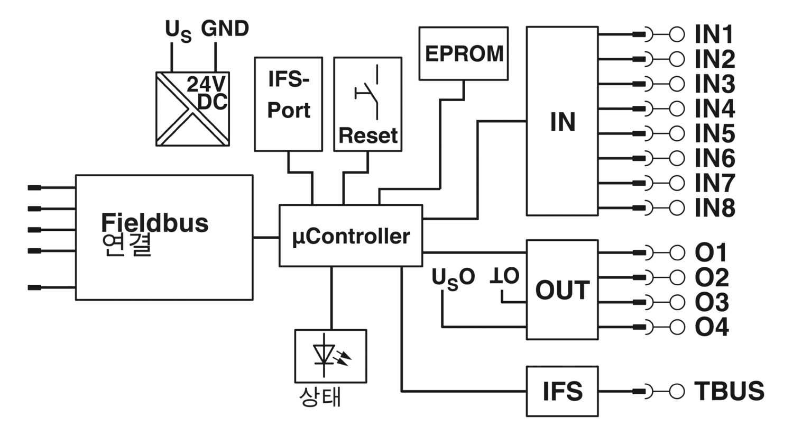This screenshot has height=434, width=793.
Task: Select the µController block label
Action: coord(351,237)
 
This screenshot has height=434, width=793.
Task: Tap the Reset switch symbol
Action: coord(367,93)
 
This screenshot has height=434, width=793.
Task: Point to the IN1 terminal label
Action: coord(714,34)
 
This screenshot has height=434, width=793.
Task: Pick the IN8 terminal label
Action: coord(715,207)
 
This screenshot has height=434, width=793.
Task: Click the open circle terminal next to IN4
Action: coord(677,109)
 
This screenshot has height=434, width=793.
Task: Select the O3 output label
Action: coord(712,302)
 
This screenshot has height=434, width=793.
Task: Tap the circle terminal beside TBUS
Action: coord(677,392)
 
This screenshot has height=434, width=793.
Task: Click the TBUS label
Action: coord(729,391)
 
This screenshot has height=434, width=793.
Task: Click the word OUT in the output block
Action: coord(563,290)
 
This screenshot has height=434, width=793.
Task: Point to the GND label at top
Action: coord(225,29)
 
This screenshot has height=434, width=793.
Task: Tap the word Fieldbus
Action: coord(155,223)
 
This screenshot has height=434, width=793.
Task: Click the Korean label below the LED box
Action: coord(320,396)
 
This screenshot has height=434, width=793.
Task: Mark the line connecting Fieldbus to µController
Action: coord(266,237)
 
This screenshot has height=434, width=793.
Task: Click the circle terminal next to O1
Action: coord(677,252)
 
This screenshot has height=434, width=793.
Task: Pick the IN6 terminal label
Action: coord(715,158)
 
